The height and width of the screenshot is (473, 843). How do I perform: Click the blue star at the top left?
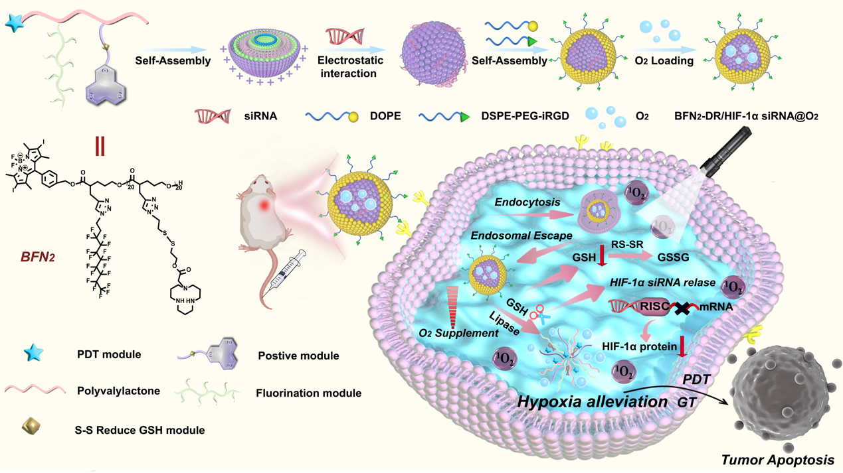(x=14, y=23)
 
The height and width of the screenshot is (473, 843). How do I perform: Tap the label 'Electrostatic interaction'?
(x=348, y=66)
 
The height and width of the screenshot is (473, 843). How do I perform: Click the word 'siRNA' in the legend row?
(x=260, y=116)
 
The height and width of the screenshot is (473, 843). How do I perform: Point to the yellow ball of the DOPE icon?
(x=354, y=117)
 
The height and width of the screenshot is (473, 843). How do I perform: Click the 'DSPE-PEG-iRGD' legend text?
(x=525, y=116)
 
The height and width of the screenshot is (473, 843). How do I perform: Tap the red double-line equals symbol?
(x=100, y=146)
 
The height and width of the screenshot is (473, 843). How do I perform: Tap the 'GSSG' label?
(x=673, y=257)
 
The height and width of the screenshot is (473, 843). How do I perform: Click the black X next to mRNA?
(x=683, y=308)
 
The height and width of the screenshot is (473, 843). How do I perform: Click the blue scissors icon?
(x=537, y=314)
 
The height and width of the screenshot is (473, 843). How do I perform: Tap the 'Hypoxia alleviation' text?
(x=593, y=401)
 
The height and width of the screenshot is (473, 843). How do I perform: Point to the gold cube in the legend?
(x=31, y=427)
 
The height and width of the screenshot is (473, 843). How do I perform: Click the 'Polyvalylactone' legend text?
(x=118, y=391)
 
